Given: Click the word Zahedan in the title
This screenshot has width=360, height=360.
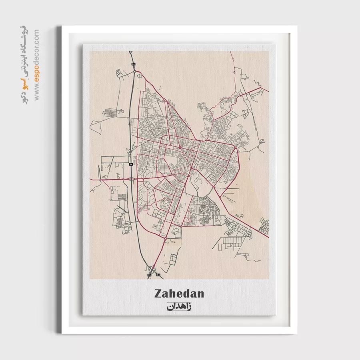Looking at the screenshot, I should (179, 294).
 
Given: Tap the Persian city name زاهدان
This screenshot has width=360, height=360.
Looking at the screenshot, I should (178, 307).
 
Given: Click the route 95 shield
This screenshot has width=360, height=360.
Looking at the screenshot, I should (149, 275).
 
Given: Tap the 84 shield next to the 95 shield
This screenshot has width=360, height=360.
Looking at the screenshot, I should (158, 275).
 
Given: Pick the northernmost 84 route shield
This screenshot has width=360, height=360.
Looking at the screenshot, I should (134, 64).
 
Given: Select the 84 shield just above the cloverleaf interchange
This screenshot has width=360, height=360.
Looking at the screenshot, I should (131, 164).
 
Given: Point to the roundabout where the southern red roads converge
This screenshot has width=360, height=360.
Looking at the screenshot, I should (166, 239).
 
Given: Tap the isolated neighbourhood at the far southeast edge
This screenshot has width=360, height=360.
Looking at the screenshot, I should (264, 226).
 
